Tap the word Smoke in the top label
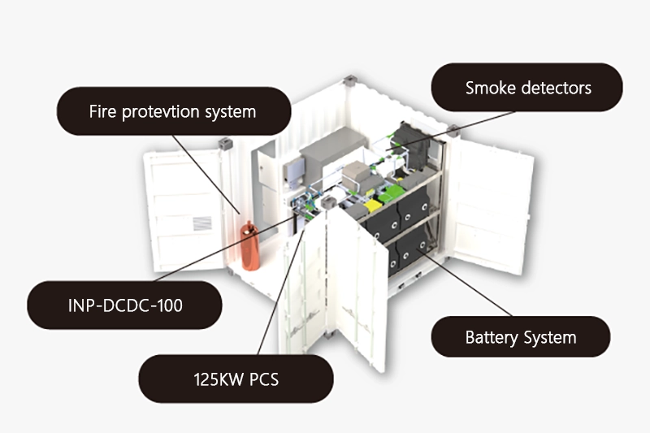pyautogui.click(x=487, y=88)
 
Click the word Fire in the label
pyautogui.click(x=102, y=110)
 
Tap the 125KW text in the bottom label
pyautogui.click(x=214, y=379)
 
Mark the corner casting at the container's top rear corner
pyautogui.click(x=349, y=81)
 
